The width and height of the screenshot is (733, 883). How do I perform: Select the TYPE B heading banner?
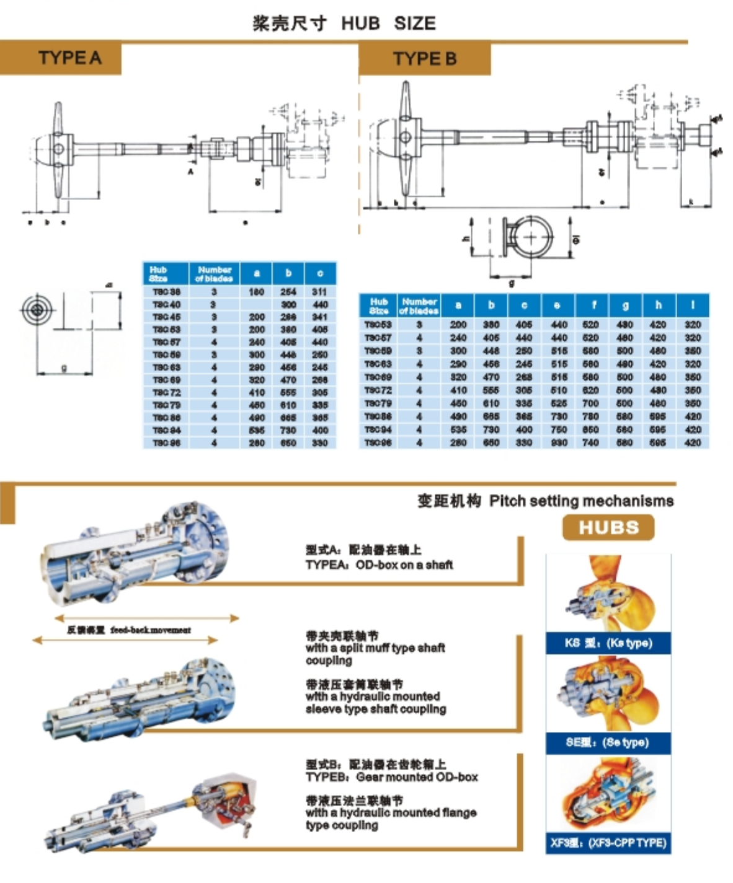click(424, 59)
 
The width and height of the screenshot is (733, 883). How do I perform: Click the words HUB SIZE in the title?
click(388, 24)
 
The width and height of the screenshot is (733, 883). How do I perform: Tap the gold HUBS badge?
click(608, 528)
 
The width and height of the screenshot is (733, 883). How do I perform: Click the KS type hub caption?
click(608, 643)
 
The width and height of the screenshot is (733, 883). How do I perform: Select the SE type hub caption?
click(608, 742)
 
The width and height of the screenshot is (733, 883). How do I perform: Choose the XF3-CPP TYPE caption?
click(608, 843)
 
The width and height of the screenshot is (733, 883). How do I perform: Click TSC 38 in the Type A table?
click(166, 292)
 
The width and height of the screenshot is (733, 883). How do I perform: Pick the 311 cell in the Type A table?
click(319, 292)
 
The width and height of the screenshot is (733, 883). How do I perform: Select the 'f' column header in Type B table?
click(590, 305)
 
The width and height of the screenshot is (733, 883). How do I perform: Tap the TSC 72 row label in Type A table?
click(166, 393)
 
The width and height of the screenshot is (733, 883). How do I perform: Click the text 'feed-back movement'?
click(151, 630)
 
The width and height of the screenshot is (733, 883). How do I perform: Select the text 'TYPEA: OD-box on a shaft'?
click(379, 565)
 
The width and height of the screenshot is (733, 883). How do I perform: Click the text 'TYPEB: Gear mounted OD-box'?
click(391, 777)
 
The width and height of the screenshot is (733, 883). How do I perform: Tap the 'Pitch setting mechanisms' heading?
click(581, 501)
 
